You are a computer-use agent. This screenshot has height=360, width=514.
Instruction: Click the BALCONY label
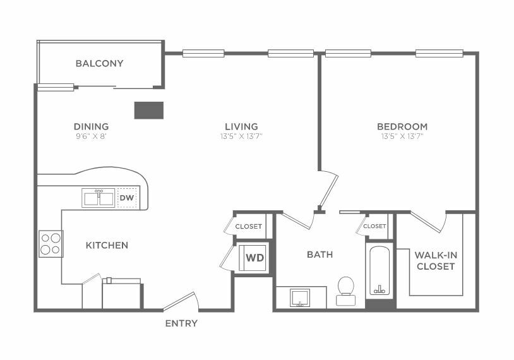pyautogui.click(x=99, y=63)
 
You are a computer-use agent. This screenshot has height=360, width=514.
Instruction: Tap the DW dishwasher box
pyautogui.click(x=127, y=198)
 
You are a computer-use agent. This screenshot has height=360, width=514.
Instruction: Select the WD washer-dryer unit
pyautogui.click(x=252, y=258)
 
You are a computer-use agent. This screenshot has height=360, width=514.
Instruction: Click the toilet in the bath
pyautogui.click(x=346, y=291)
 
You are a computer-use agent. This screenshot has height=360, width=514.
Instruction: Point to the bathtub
pyautogui.click(x=380, y=271)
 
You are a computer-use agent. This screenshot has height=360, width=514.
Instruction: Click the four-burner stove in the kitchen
pyautogui.click(x=51, y=244)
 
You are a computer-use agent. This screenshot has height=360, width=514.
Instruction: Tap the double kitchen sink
pyautogui.click(x=99, y=198)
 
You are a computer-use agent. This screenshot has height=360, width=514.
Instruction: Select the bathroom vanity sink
pyautogui.click(x=300, y=297)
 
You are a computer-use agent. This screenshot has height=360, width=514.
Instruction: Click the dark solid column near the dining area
pyautogui.click(x=149, y=110)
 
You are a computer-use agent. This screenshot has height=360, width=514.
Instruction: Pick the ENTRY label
pyautogui.click(x=181, y=323)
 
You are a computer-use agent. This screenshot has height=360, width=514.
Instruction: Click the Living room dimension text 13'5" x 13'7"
pyautogui.click(x=242, y=136)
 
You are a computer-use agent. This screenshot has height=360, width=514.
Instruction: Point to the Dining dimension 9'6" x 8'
pyautogui.click(x=92, y=136)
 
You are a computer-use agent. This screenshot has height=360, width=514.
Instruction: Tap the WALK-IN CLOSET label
pyautogui.click(x=436, y=261)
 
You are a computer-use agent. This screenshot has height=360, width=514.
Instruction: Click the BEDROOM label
pyautogui.click(x=402, y=126)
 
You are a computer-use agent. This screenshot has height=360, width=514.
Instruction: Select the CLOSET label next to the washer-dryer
pyautogui.click(x=249, y=227)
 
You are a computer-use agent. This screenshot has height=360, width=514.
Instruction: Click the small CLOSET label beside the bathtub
pyautogui.click(x=374, y=226)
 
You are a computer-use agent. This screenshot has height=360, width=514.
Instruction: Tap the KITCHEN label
pyautogui.click(x=107, y=245)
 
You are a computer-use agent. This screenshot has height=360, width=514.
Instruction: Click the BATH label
pyautogui.click(x=320, y=255)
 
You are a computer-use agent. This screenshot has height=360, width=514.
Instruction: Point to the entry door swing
pyautogui.click(x=181, y=301)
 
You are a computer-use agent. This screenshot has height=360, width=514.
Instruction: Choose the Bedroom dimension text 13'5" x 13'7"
pyautogui.click(x=402, y=136)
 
